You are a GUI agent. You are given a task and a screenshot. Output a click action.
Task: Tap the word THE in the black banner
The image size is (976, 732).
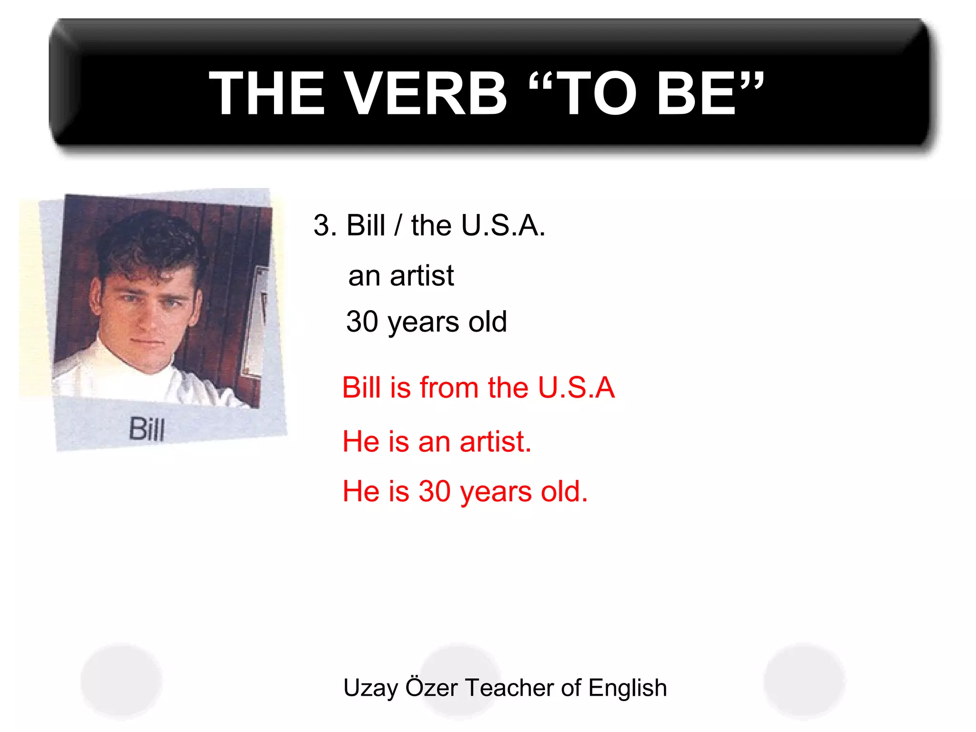267,93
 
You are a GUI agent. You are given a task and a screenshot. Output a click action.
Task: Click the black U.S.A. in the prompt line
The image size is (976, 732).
503,225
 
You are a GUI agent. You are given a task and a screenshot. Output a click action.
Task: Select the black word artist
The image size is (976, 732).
422,276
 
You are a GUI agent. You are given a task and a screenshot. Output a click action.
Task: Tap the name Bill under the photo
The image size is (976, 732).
147,429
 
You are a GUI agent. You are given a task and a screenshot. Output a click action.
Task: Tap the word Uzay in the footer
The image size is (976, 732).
370,688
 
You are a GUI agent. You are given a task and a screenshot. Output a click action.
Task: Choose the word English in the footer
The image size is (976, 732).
627,688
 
